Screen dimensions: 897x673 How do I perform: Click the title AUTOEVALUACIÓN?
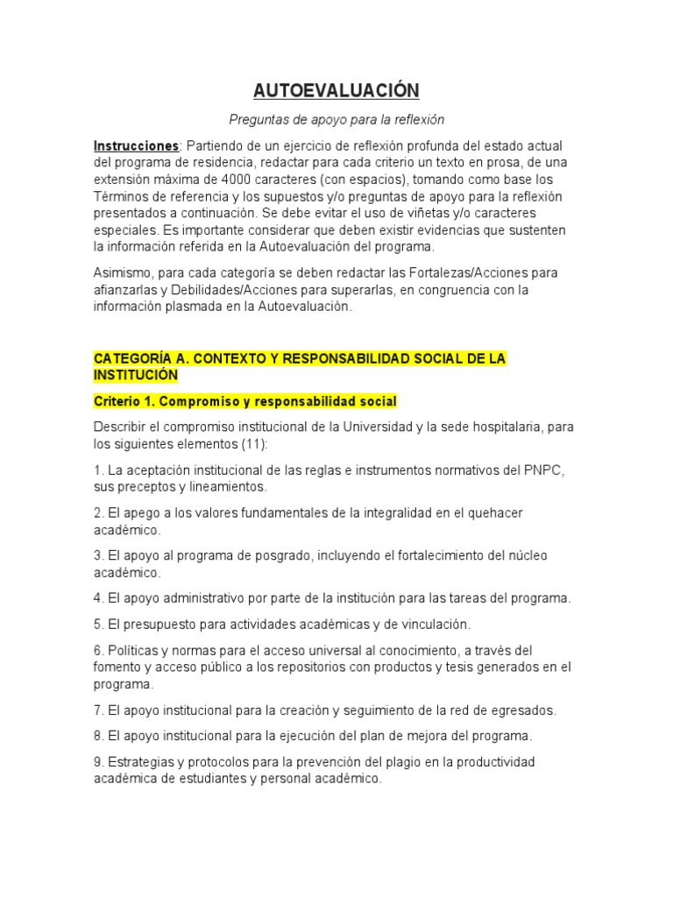(336, 90)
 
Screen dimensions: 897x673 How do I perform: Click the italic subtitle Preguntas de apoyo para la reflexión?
(336, 120)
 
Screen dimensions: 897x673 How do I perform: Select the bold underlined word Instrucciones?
(135, 145)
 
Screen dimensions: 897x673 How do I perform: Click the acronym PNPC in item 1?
(545, 470)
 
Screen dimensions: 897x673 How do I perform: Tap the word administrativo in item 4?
(195, 598)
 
